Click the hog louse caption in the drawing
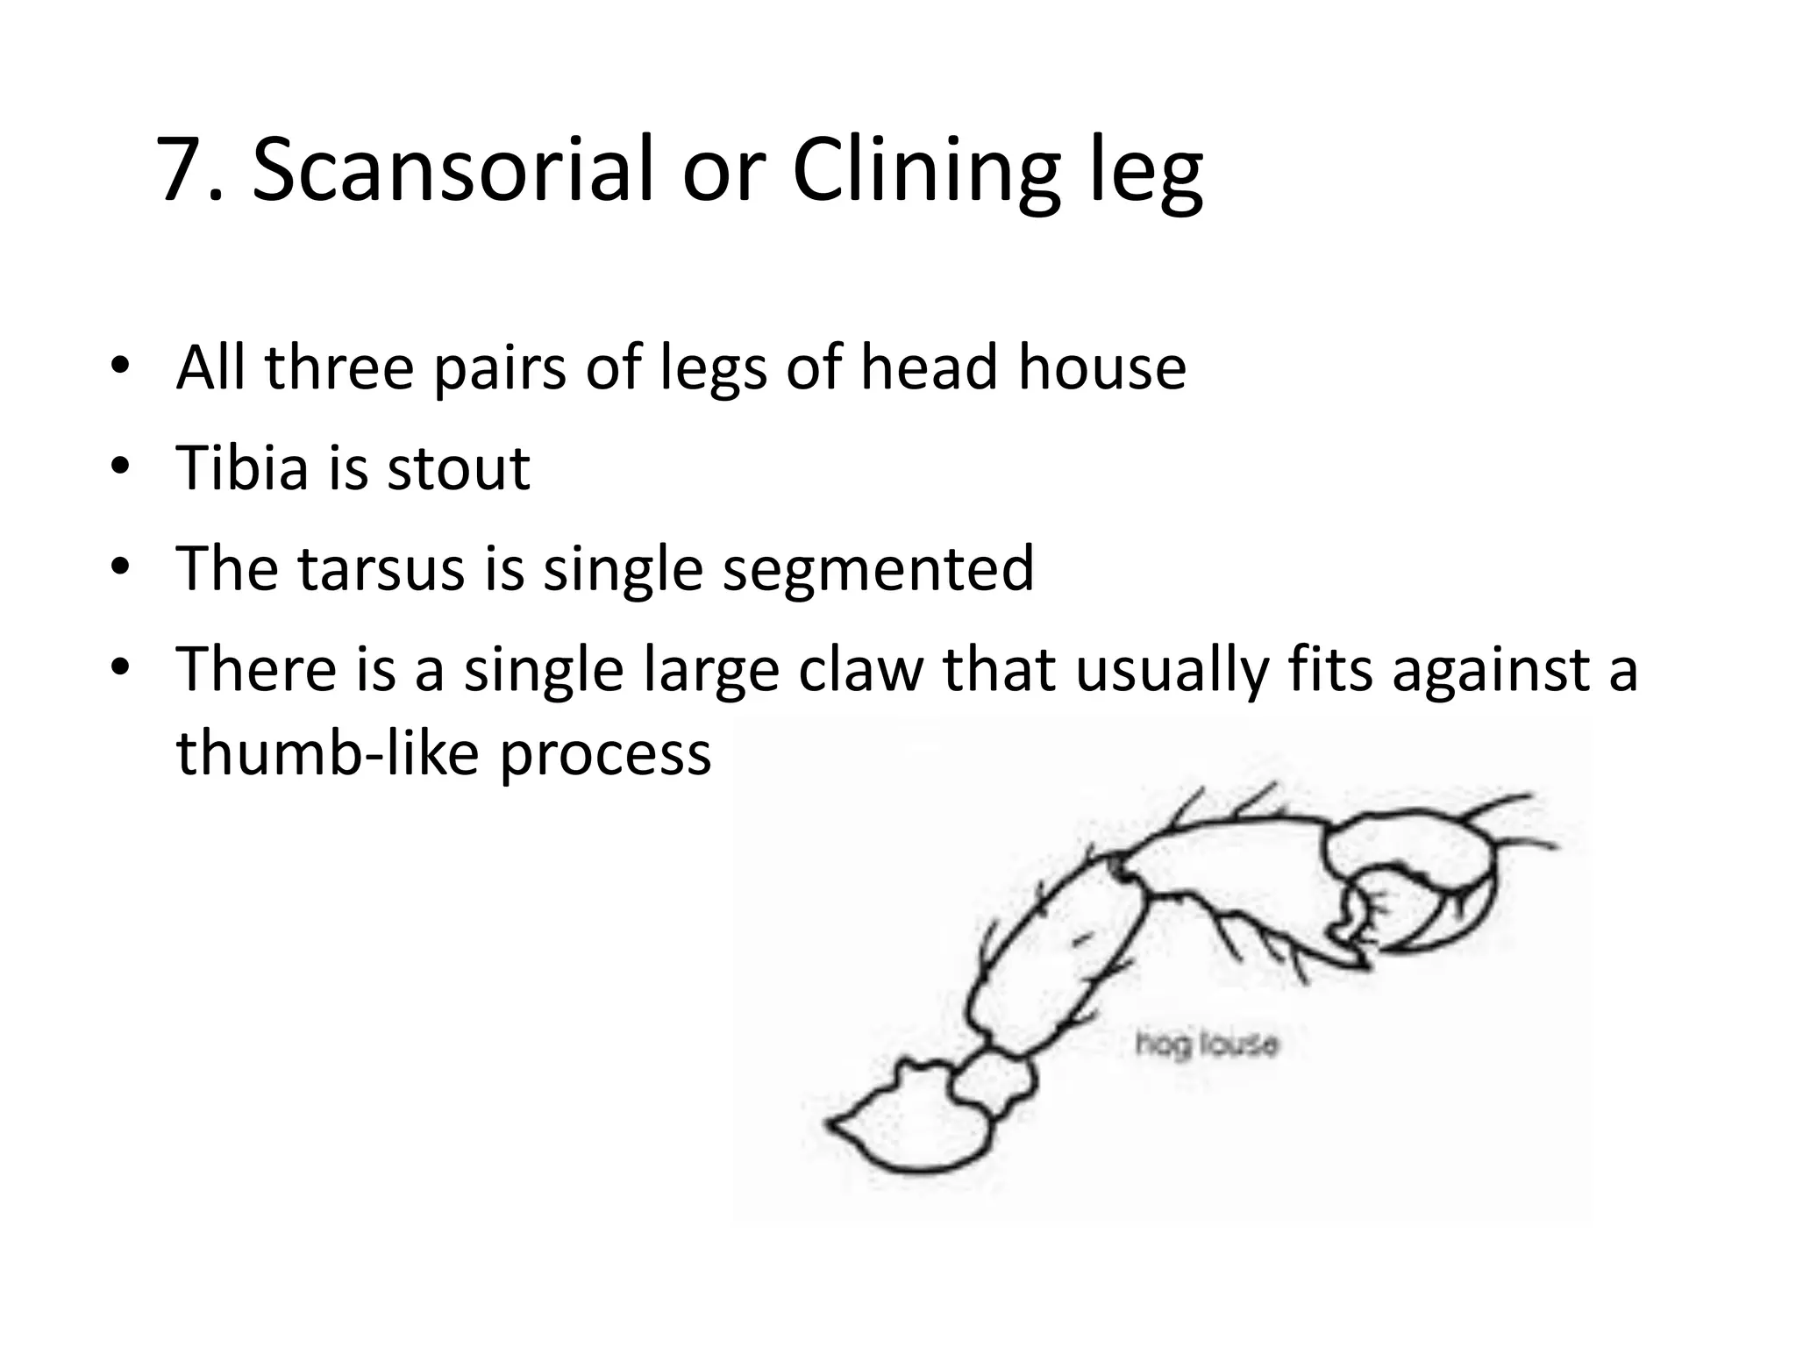(1207, 1044)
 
